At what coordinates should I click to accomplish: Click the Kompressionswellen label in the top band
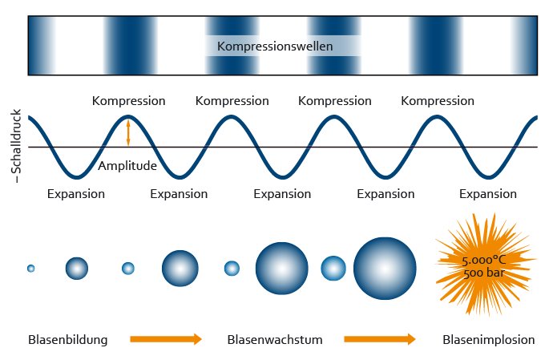(275, 46)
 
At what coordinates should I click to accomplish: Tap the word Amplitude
(127, 166)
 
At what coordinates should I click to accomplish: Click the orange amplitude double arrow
(128, 132)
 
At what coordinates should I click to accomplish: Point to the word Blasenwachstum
(275, 339)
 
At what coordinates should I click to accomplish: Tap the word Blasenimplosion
(488, 339)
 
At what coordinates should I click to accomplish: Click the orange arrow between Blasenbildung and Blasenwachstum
(166, 339)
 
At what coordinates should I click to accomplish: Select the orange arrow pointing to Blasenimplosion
(380, 339)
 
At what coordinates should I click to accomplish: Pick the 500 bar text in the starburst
(483, 273)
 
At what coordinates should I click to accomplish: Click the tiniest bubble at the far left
(30, 268)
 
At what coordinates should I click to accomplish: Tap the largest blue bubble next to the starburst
(385, 269)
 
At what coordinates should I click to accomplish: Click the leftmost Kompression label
(128, 101)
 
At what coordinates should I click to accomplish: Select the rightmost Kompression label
(437, 101)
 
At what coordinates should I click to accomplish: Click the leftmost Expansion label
(76, 194)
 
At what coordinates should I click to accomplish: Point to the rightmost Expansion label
(488, 194)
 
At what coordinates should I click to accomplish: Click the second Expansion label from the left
(179, 194)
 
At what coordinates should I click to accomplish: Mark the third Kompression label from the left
(334, 101)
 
